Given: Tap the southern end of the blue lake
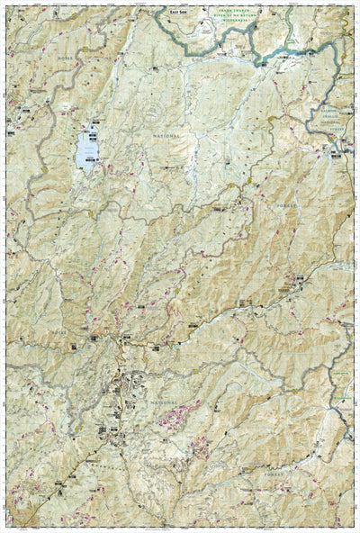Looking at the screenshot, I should pos(84,169).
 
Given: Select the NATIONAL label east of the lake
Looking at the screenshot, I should pos(160,136).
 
